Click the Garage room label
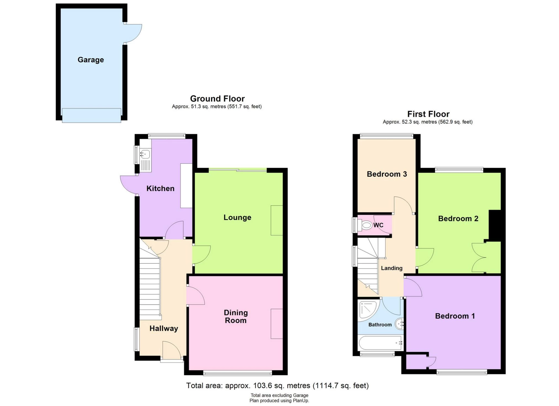tap(91, 60)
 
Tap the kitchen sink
tap(145, 160)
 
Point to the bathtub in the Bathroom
tap(381, 343)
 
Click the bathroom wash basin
tap(400, 324)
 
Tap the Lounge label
tap(237, 217)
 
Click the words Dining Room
tap(236, 316)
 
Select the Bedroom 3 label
tap(387, 174)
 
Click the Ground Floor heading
tap(217, 98)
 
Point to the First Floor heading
tap(428, 114)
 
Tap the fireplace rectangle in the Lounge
tap(277, 220)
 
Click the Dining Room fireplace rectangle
tap(277, 324)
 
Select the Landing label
tap(391, 268)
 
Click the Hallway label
tap(164, 328)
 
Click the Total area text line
tap(277, 385)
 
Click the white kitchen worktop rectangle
tap(186, 185)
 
